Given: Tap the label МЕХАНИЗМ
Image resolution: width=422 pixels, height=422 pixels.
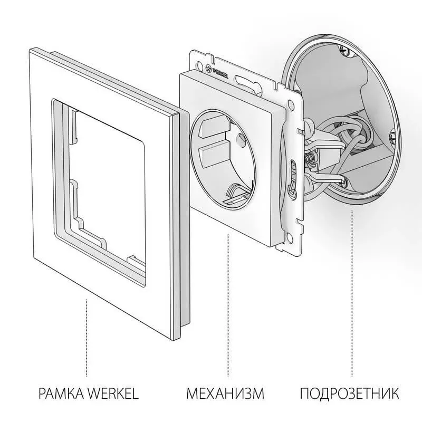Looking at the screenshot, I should tap(225, 393).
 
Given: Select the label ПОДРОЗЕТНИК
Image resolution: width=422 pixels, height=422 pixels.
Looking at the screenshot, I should tap(349, 393).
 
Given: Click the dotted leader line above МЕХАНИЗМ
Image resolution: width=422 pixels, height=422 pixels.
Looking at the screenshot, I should tap(228, 306).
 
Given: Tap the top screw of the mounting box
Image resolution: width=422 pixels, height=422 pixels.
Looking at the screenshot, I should tap(345, 51).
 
